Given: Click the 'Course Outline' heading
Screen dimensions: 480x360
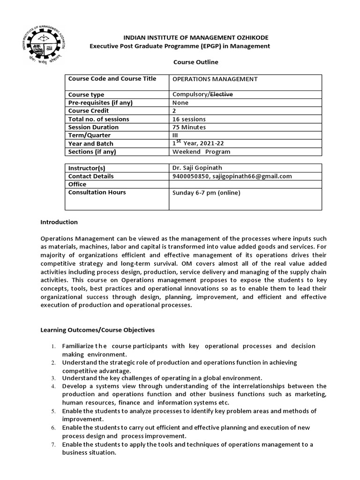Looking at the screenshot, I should point(189,62).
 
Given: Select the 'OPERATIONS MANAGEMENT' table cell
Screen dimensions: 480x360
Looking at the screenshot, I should point(215,79).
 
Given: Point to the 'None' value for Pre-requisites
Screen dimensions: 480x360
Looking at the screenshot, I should point(180,103).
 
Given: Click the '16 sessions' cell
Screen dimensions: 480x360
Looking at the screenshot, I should point(189,119).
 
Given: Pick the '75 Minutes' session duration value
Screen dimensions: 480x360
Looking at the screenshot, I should point(189,127).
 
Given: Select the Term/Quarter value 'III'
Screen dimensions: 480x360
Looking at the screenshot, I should point(175,135).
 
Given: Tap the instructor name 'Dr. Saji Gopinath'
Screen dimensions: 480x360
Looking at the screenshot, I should point(197,168).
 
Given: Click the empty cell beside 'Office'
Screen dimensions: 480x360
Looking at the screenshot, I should point(245,184).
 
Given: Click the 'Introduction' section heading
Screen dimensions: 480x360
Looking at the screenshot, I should point(59,222).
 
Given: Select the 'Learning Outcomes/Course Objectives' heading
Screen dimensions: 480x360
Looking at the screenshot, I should point(97,330).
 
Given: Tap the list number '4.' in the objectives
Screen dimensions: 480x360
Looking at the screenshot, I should point(53,386).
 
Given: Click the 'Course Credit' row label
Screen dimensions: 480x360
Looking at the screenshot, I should point(89,111).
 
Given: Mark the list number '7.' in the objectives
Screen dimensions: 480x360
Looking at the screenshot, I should point(53,444).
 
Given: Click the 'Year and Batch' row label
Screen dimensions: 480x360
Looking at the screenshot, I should point(91,143).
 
